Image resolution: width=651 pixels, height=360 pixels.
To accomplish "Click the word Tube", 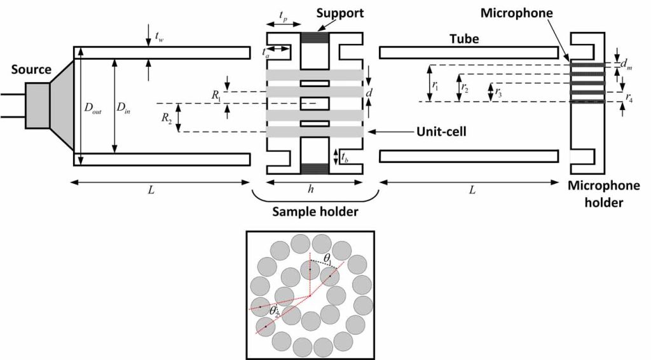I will pyautogui.click(x=462, y=39).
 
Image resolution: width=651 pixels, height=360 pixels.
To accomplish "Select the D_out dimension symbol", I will pyautogui.click(x=93, y=107).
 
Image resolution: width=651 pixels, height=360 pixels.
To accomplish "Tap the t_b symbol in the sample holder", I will pyautogui.click(x=344, y=157).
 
